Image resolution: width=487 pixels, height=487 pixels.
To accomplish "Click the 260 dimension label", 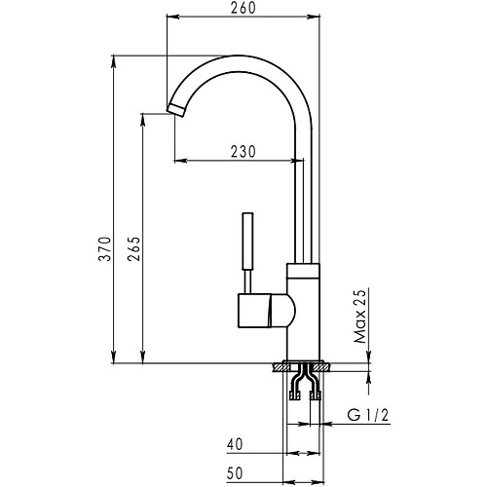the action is pyautogui.click(x=243, y=8).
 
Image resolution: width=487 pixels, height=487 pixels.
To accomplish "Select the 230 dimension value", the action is pyautogui.click(x=243, y=152).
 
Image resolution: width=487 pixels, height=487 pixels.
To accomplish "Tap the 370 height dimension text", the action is pyautogui.click(x=105, y=249).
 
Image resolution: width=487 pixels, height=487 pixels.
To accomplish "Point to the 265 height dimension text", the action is pyautogui.click(x=133, y=249).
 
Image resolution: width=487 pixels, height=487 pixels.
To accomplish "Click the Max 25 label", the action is pyautogui.click(x=359, y=316).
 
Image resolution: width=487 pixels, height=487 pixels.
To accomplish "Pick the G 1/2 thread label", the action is pyautogui.click(x=368, y=415).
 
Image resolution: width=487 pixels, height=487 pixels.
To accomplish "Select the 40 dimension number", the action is pyautogui.click(x=235, y=444).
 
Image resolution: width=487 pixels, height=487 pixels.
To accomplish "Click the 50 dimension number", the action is pyautogui.click(x=235, y=473).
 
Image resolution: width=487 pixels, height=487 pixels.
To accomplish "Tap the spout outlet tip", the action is pyautogui.click(x=176, y=111).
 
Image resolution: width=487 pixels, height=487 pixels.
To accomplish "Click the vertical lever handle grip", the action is pyautogui.click(x=247, y=241).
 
